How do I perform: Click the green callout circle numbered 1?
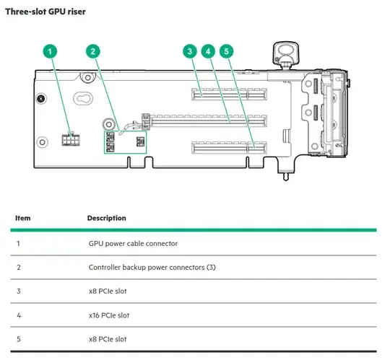click(49, 51)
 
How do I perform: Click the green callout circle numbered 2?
click(92, 51)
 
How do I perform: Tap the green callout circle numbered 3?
click(189, 51)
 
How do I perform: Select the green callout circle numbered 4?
click(208, 51)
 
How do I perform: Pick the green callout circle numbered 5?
click(227, 51)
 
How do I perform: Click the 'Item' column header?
click(23, 218)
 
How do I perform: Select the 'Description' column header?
click(106, 218)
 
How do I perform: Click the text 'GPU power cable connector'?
click(132, 244)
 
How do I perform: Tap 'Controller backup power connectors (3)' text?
click(152, 268)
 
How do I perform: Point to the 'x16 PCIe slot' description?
click(110, 315)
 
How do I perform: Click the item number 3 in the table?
click(18, 291)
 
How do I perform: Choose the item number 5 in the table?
click(18, 339)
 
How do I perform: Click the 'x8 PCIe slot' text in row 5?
click(108, 339)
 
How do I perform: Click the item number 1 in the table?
click(18, 244)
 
